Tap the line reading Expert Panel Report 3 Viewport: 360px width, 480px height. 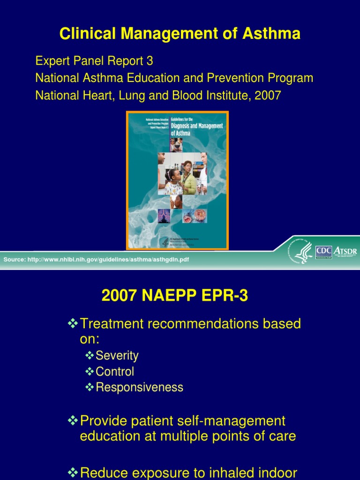click(x=94, y=61)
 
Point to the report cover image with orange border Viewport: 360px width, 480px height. click(x=177, y=180)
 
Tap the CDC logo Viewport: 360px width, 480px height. click(x=323, y=251)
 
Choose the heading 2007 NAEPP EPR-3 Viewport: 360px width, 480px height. click(x=175, y=296)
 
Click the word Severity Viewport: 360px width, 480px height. click(x=117, y=356)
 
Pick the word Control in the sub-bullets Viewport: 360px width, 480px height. click(x=114, y=372)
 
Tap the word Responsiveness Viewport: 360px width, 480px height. click(x=139, y=388)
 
